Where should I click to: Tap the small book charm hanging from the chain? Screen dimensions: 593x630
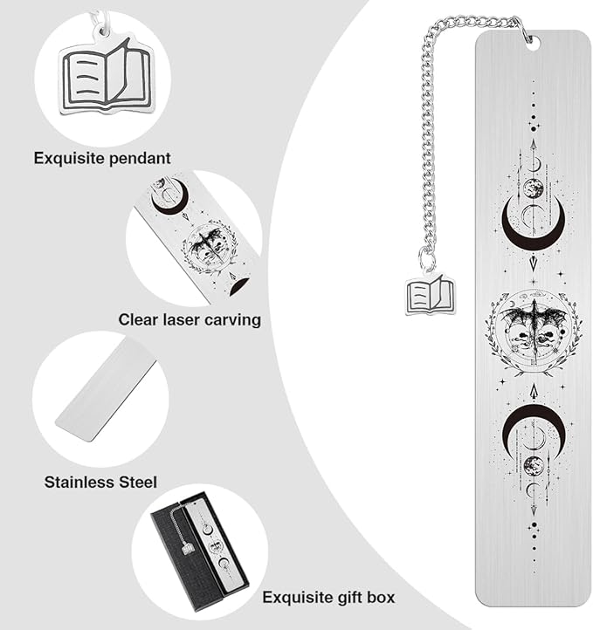coord(430,295)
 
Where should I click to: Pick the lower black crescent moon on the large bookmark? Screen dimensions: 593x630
coord(533,420)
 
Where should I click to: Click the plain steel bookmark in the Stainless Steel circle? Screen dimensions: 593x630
coord(106,391)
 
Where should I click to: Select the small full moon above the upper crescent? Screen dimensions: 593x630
coord(533,188)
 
